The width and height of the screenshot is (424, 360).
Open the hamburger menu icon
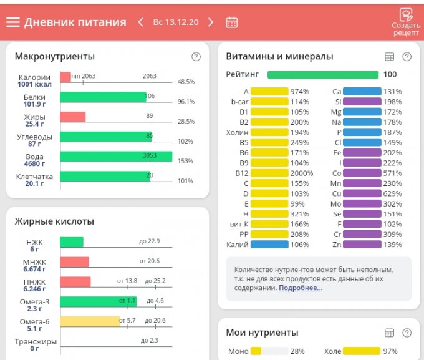(13, 22)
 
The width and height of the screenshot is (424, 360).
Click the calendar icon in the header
(231, 22)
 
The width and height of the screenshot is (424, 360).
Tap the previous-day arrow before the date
(141, 22)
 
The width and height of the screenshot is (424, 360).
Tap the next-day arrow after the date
(211, 22)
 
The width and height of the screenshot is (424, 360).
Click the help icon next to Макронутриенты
(196, 57)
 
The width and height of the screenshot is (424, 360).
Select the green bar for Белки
(103, 97)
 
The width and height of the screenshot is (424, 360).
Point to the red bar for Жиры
(73, 117)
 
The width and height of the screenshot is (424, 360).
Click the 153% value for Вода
(185, 161)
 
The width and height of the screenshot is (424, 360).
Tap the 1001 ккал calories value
(34, 85)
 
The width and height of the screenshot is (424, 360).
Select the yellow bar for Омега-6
(90, 321)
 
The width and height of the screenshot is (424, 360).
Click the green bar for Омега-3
(98, 301)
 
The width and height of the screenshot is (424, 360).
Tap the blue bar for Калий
(269, 245)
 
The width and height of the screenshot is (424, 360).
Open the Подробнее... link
(301, 288)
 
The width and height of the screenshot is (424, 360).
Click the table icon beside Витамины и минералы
(390, 57)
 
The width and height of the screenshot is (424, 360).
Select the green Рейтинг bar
(322, 75)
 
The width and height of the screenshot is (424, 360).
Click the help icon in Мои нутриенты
(407, 333)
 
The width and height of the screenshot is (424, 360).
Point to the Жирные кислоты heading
(54, 221)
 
